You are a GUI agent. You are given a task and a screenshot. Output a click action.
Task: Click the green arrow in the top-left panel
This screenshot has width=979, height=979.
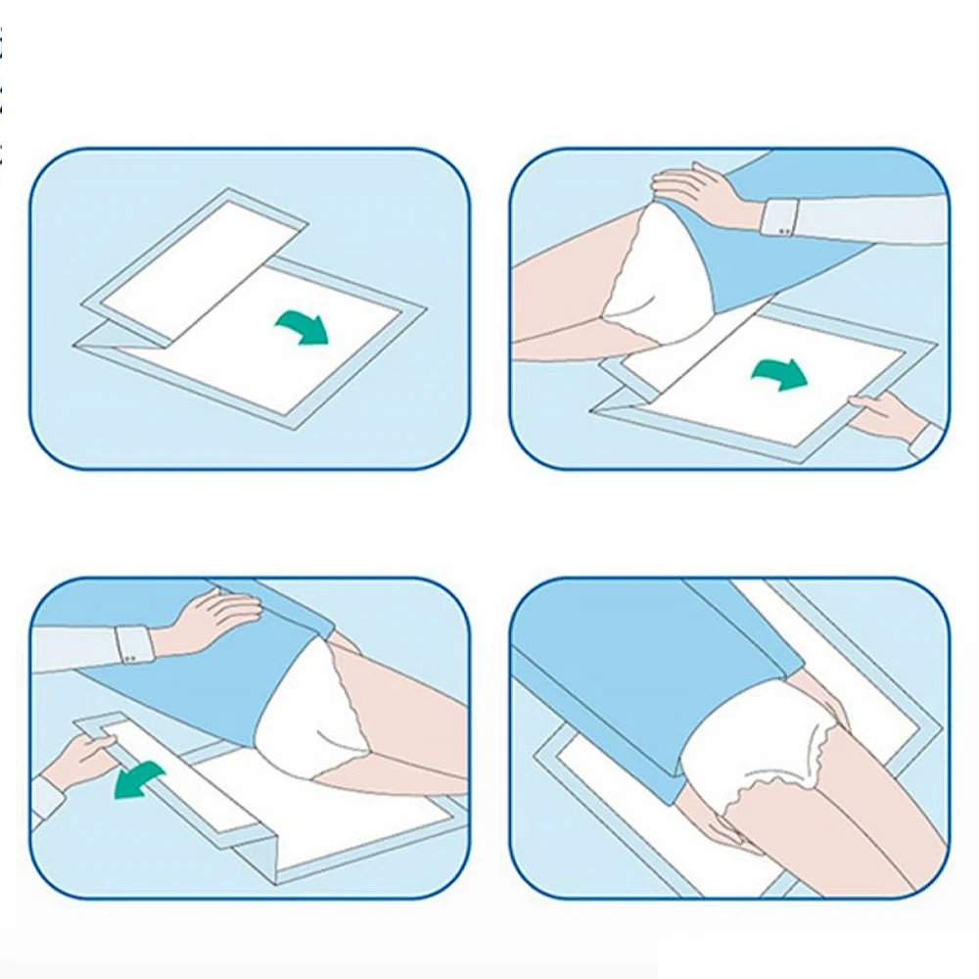[x=303, y=328]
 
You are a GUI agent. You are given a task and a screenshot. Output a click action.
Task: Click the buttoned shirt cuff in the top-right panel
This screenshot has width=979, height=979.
[x=780, y=216]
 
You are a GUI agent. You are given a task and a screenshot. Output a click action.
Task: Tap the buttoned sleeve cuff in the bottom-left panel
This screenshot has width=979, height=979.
[x=133, y=644]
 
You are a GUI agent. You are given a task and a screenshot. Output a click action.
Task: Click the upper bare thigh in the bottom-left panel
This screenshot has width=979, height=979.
[x=411, y=705]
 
